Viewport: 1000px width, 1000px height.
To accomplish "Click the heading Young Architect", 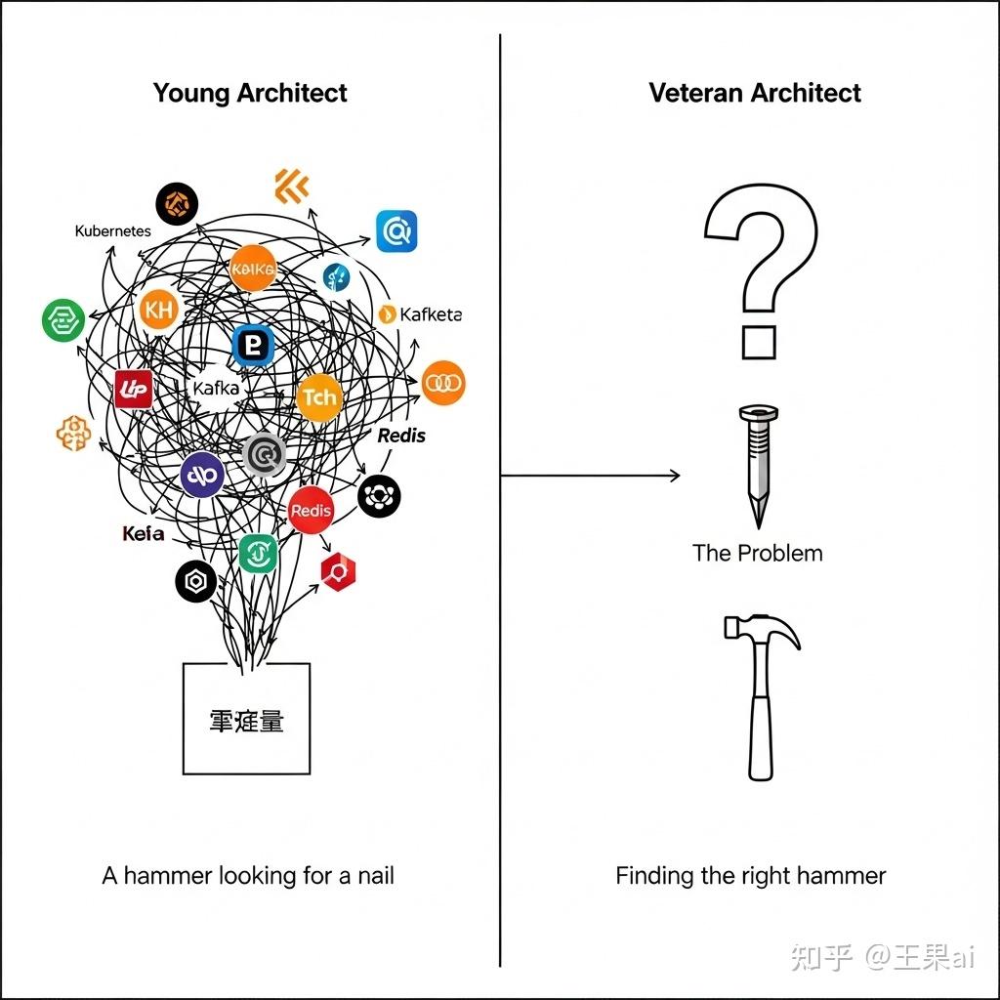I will click(x=250, y=94).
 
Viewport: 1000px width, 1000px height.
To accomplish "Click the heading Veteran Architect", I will click(x=755, y=94).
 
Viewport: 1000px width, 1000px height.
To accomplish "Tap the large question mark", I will click(x=761, y=269).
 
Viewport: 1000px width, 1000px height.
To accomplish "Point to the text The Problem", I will click(x=757, y=553).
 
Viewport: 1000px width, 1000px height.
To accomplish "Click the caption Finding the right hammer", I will click(x=750, y=875).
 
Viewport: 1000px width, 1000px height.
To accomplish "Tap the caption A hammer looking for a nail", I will click(x=248, y=875).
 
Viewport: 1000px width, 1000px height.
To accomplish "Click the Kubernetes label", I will click(x=112, y=231).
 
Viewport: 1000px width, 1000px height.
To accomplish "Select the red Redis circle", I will click(x=312, y=510).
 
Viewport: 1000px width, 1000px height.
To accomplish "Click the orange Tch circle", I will click(x=319, y=396).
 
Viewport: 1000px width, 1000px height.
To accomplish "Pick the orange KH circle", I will click(x=158, y=312).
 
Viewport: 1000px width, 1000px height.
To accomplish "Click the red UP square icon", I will click(x=133, y=389).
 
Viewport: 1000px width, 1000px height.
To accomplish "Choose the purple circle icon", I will click(x=203, y=475).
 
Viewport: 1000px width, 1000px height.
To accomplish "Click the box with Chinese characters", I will click(x=246, y=719).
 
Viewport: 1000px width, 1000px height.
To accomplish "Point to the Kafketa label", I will click(x=421, y=314).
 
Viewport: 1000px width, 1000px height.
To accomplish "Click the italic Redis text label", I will click(x=401, y=436).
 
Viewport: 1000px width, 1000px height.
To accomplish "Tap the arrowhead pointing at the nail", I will click(x=674, y=476).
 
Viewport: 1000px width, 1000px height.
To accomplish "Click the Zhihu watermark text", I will click(x=882, y=956).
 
